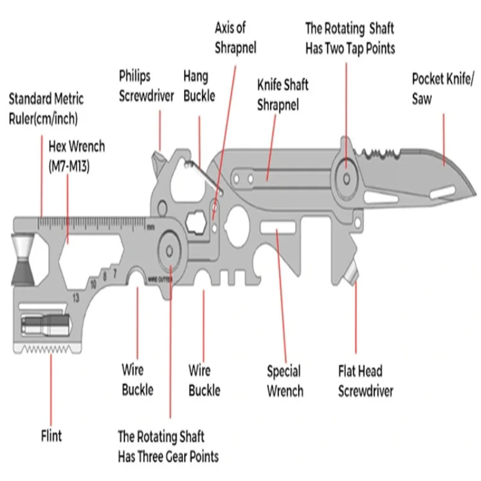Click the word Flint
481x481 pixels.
click(x=51, y=434)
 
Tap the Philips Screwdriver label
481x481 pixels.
click(x=146, y=86)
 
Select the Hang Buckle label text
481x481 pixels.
click(x=198, y=86)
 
